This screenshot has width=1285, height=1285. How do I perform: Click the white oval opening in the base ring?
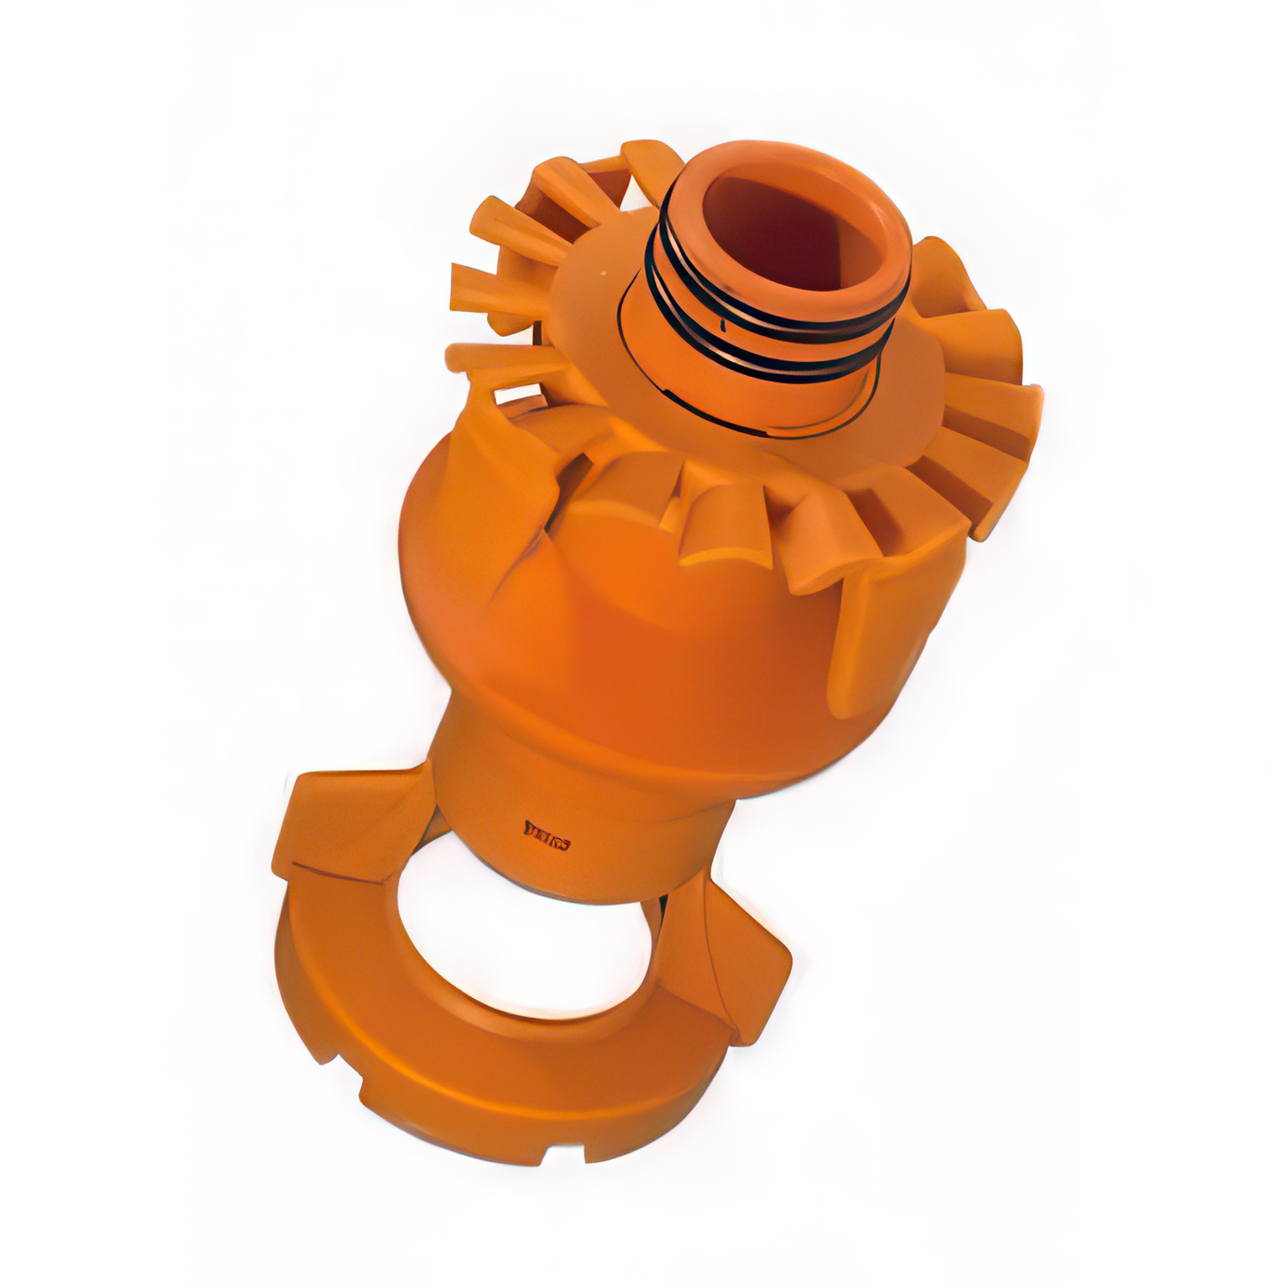pyautogui.click(x=525, y=938)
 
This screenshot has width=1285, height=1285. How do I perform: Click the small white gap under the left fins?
pyautogui.click(x=515, y=397)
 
